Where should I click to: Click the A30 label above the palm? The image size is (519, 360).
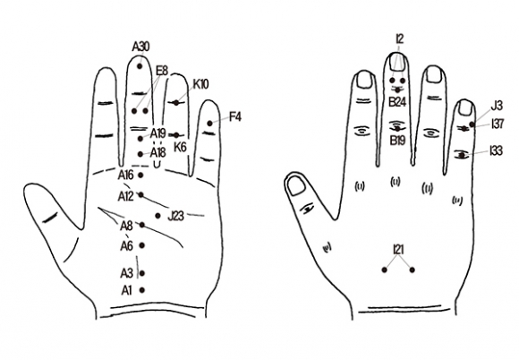[140, 47]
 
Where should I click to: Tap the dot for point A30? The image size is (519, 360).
[140, 66]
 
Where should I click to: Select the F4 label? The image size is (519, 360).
[234, 117]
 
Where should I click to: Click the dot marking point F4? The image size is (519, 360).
[210, 124]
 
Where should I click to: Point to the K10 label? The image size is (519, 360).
[201, 84]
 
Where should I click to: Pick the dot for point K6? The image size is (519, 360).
[176, 135]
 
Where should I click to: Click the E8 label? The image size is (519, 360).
[162, 71]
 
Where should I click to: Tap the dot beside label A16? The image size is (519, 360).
[140, 176]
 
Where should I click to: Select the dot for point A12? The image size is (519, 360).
[141, 194]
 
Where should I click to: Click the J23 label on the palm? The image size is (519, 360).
[175, 216]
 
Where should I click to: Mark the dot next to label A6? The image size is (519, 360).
[142, 245]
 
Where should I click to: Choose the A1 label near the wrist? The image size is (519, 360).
[126, 290]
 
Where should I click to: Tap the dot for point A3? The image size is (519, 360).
[142, 273]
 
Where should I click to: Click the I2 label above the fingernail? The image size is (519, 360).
[400, 39]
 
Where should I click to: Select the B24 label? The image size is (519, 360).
[397, 102]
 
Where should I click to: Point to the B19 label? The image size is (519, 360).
[397, 141]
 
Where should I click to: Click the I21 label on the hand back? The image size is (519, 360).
[398, 249]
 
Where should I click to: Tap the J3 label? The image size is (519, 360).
[497, 106]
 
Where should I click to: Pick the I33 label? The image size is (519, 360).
[496, 150]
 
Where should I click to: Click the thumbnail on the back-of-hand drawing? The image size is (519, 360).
[296, 185]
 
